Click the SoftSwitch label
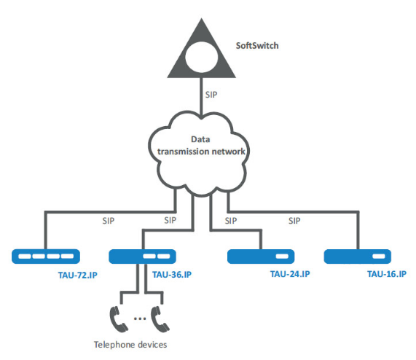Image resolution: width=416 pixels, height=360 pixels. click(x=257, y=46)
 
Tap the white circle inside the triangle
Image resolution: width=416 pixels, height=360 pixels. click(x=201, y=58)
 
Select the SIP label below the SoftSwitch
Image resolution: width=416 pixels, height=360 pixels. click(x=211, y=95)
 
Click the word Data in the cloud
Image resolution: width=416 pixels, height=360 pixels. click(x=200, y=139)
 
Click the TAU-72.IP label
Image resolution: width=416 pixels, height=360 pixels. click(x=78, y=275)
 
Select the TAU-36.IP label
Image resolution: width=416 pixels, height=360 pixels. click(x=172, y=274)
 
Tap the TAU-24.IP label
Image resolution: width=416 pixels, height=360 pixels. click(x=290, y=274)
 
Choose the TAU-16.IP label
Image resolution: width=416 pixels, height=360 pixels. click(x=387, y=274)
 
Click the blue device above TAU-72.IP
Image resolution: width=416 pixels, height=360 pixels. click(x=46, y=257)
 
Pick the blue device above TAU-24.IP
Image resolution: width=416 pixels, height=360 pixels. click(x=261, y=257)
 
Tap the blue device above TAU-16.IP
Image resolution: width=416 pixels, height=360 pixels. click(x=358, y=257)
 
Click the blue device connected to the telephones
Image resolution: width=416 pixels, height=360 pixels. click(x=143, y=257)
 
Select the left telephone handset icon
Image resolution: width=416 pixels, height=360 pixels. click(x=118, y=319)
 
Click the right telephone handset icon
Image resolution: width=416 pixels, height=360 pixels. click(x=160, y=319)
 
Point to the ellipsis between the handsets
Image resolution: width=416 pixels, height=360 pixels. click(x=140, y=318)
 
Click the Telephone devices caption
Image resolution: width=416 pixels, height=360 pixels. click(x=130, y=345)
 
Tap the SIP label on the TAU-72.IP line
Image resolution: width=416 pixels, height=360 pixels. click(x=109, y=221)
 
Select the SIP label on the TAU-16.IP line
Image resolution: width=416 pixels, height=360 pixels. click(x=294, y=221)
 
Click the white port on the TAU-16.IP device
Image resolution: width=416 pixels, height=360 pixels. click(x=379, y=257)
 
